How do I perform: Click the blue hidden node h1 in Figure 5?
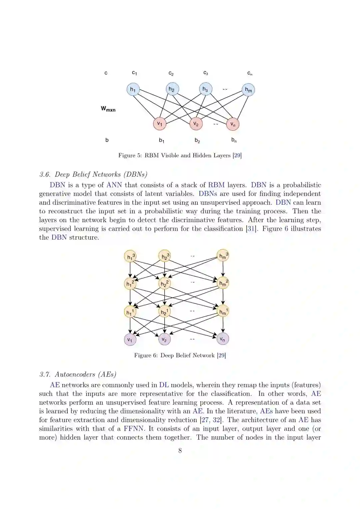133,89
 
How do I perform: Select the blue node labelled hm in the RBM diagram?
248,90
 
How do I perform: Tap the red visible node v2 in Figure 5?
196,124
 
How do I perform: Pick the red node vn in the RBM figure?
233,124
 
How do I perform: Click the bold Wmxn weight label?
108,109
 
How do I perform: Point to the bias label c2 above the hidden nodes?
171,73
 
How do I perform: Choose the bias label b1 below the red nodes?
161,140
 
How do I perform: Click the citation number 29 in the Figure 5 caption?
237,155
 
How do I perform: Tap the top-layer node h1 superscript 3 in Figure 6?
130,256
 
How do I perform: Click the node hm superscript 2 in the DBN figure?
223,283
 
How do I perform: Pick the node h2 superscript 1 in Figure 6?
164,312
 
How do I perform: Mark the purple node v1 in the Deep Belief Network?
130,340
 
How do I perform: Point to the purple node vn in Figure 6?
223,339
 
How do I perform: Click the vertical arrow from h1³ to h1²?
130,270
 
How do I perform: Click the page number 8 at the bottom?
180,451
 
